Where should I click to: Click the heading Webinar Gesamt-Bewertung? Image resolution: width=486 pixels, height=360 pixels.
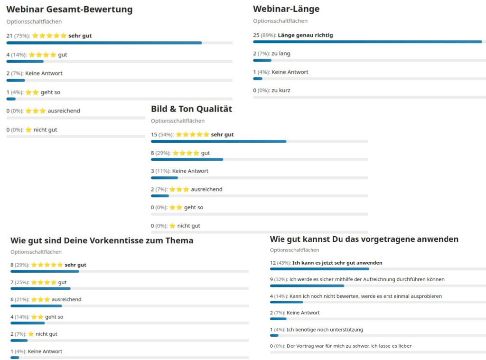(x=69, y=9)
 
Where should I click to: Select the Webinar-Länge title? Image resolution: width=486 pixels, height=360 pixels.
(x=286, y=9)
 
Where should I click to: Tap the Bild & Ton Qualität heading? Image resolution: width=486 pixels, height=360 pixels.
(x=191, y=109)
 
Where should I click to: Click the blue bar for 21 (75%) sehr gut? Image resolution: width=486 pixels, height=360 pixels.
(x=104, y=43)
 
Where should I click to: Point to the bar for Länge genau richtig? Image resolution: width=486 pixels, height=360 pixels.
(x=367, y=42)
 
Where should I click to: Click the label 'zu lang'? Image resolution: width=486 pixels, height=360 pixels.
(x=281, y=54)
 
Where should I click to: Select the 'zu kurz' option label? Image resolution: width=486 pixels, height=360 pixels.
(x=281, y=90)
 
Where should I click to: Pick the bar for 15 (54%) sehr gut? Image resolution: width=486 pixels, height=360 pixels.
(x=218, y=141)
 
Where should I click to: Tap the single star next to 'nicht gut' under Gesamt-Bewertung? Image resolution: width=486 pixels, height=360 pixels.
(x=28, y=130)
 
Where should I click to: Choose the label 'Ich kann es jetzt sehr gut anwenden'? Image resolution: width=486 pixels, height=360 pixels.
(x=337, y=263)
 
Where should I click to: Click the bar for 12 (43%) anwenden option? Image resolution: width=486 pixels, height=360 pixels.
(x=319, y=269)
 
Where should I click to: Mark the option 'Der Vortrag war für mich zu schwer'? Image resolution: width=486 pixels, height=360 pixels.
(x=349, y=346)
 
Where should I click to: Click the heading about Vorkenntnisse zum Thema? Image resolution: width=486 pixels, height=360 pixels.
(x=102, y=240)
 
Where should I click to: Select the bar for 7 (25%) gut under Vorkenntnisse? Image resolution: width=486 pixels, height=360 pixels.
(x=40, y=288)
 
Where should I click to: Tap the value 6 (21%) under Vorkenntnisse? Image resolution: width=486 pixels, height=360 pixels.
(x=19, y=300)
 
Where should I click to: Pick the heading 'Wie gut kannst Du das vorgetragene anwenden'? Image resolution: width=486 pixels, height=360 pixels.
(x=364, y=239)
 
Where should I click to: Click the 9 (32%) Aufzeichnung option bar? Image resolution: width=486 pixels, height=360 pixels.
(x=307, y=286)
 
